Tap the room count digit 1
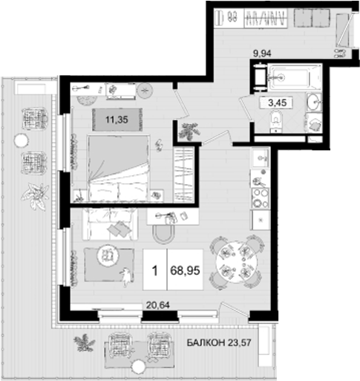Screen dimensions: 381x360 coord(154,273)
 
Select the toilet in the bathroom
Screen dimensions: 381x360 coord(276,122)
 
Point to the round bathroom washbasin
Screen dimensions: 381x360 coord(313,103)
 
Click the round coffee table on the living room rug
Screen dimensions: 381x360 coord(108,255)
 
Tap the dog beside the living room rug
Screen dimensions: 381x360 coord(127,277)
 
